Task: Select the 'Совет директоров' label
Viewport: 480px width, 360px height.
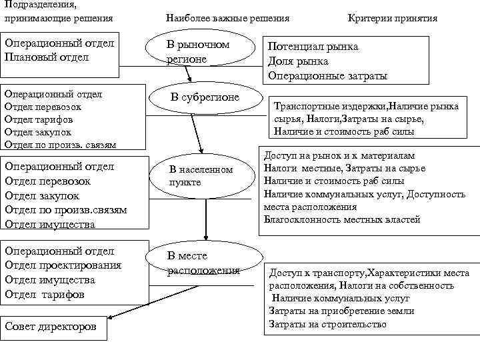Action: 51,327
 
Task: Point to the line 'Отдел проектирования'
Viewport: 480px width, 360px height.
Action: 63,265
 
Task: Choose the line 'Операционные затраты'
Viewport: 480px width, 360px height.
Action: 327,76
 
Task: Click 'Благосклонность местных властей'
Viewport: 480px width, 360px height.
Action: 342,219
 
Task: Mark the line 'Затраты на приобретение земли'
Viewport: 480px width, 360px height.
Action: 341,311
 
